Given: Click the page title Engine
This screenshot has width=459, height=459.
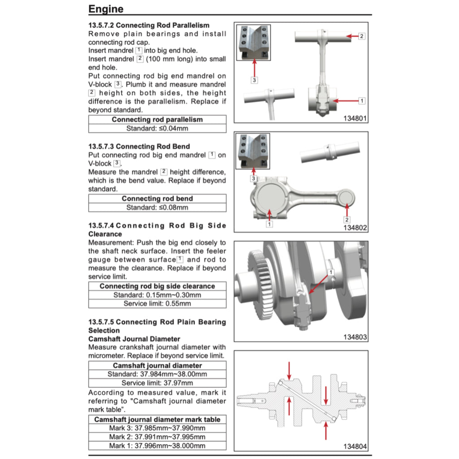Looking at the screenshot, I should tap(106, 9).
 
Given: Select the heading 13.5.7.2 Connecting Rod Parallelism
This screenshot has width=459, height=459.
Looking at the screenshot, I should tap(149, 26).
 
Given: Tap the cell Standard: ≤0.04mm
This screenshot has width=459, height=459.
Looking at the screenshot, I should tap(157, 128).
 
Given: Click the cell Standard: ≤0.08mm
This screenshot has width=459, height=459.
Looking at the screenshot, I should tap(157, 208).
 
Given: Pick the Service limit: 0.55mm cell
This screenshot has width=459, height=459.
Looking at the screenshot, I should tap(157, 303).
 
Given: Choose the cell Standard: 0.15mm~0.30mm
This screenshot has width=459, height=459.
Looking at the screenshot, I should tap(157, 295).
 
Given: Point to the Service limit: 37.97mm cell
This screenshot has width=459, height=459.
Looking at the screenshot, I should tap(157, 383).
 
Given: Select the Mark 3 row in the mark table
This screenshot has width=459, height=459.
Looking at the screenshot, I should tap(157, 429).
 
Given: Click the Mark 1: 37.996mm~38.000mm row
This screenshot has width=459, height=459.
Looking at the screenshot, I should tap(157, 446).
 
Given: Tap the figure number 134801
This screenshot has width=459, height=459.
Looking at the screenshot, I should tap(355, 119).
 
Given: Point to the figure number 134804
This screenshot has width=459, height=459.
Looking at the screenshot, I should tap(355, 446).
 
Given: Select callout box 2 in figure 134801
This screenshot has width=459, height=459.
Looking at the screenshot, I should tap(362, 36).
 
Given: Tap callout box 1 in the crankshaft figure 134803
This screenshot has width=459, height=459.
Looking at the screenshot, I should tap(331, 272).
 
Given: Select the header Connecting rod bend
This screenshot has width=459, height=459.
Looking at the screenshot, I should tap(157, 199).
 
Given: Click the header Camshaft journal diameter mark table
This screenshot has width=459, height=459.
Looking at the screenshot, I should tap(157, 420).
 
